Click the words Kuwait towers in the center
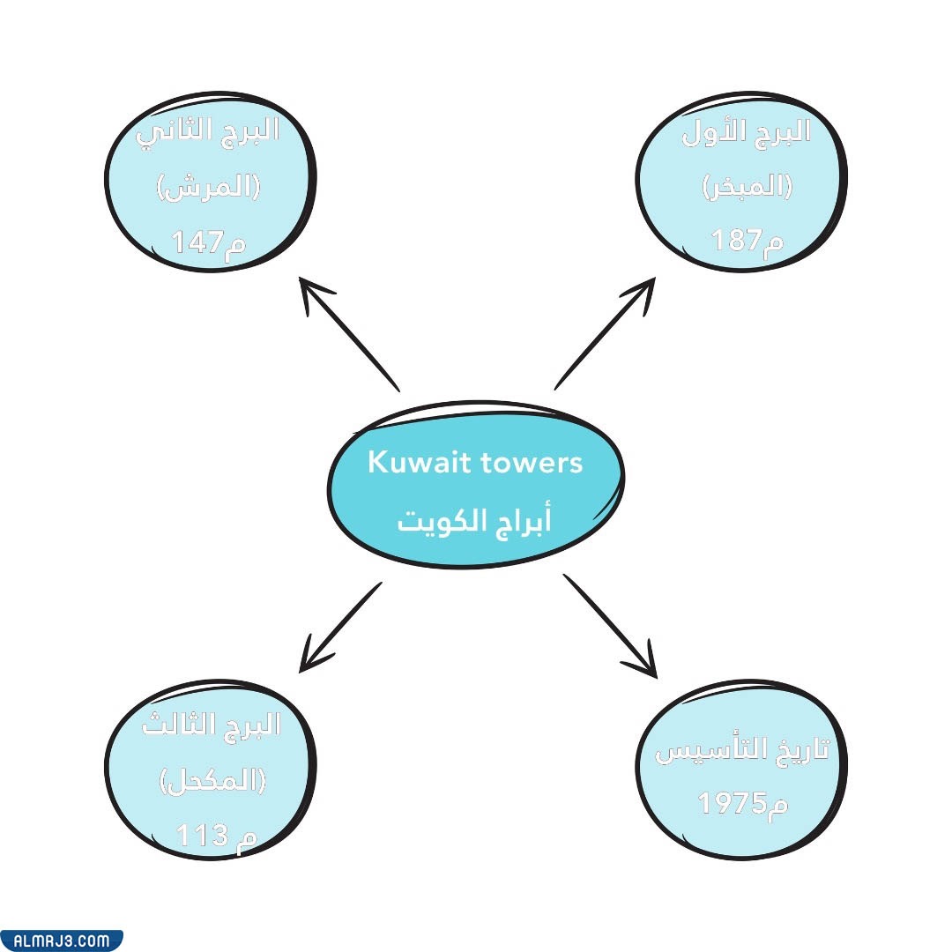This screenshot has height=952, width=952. click(x=475, y=463)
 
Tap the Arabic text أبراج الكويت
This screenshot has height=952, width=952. click(x=475, y=520)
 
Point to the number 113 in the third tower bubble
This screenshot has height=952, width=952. click(x=203, y=834)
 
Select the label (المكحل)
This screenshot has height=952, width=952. click(x=212, y=779)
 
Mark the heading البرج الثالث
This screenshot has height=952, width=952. click(x=212, y=725)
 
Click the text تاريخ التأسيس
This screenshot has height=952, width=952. click(x=742, y=751)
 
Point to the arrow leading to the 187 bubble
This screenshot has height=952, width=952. click(x=606, y=332)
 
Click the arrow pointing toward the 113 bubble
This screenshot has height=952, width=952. click(x=340, y=627)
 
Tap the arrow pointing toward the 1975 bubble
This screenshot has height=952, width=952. click(x=610, y=625)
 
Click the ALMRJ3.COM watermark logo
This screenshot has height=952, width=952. click(x=61, y=941)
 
